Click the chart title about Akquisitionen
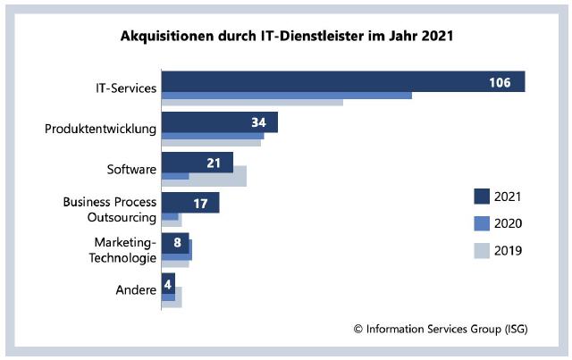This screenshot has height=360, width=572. (x=287, y=38)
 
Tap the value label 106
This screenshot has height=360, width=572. (x=500, y=82)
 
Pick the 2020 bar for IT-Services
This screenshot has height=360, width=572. (x=286, y=95)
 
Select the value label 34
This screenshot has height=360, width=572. (x=259, y=121)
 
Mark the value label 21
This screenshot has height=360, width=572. (x=214, y=162)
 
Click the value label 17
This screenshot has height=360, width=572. (x=200, y=203)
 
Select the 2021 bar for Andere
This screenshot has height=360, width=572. (x=168, y=283)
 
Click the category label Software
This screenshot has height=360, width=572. (x=131, y=169)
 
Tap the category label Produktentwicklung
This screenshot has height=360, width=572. (x=101, y=129)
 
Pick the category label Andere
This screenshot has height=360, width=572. (x=136, y=289)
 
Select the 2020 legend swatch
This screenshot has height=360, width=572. (x=482, y=223)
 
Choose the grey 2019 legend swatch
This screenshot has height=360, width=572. (x=482, y=251)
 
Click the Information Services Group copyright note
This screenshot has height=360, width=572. (x=441, y=329)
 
